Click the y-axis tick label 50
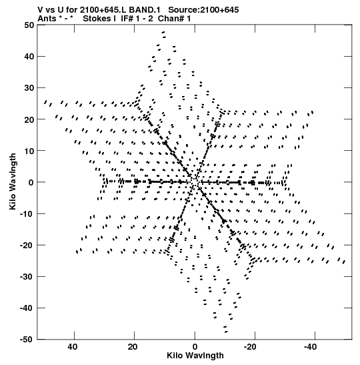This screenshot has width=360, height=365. pyautogui.click(x=29, y=25)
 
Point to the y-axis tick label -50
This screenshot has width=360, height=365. pyautogui.click(x=27, y=340)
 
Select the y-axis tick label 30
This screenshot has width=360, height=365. pyautogui.click(x=29, y=88)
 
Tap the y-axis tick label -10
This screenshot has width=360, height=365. pyautogui.click(x=27, y=214)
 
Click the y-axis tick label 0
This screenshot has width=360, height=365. pyautogui.click(x=31, y=182)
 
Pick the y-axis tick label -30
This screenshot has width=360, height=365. pyautogui.click(x=27, y=276)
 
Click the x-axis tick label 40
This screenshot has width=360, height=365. pyautogui.click(x=73, y=347)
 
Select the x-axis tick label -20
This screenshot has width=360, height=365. pyautogui.click(x=250, y=347)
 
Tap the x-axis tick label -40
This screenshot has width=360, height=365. pyautogui.click(x=310, y=347)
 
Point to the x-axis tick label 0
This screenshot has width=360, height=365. pyautogui.click(x=195, y=347)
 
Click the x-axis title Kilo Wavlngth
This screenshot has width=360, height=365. pyautogui.click(x=195, y=356)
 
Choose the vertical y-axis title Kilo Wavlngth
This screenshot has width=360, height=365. pyautogui.click(x=13, y=181)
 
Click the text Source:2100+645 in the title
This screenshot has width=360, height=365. pyautogui.click(x=203, y=10)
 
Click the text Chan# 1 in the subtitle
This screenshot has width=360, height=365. pyautogui.click(x=174, y=19)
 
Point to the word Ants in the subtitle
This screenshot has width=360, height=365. pyautogui.click(x=47, y=19)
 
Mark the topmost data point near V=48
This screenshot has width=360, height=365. pyautogui.click(x=163, y=32)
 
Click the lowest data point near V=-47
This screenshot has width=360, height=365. pyautogui.click(x=226, y=332)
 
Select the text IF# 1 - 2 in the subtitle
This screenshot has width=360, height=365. pyautogui.click(x=137, y=19)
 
